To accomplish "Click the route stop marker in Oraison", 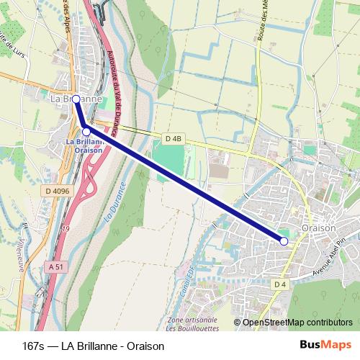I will (284, 241).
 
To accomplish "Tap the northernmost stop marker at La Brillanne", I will (76, 99).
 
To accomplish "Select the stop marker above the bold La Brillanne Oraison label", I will (86, 131).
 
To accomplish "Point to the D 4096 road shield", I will (55, 191).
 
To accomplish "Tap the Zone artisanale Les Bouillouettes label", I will (192, 323).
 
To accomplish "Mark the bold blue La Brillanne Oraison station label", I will (85, 146).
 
